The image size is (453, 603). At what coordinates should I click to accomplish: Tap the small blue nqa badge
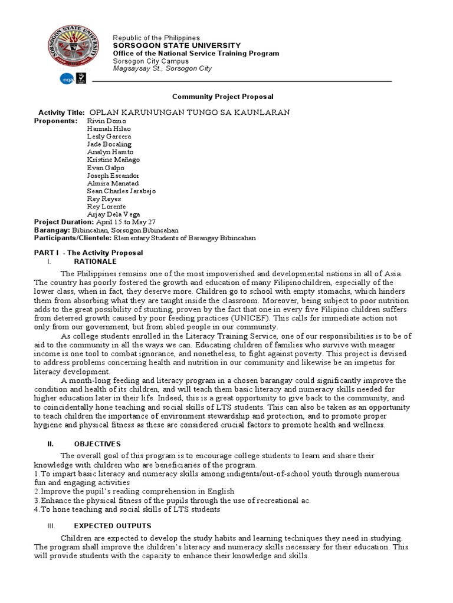66,78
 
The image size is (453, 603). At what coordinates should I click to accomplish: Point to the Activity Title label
61,112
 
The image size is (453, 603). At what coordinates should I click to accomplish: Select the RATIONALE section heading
95,261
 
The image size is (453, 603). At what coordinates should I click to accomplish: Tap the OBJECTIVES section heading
97,443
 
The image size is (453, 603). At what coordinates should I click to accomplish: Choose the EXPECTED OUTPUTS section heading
112,525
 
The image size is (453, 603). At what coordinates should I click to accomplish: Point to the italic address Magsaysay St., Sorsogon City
162,68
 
